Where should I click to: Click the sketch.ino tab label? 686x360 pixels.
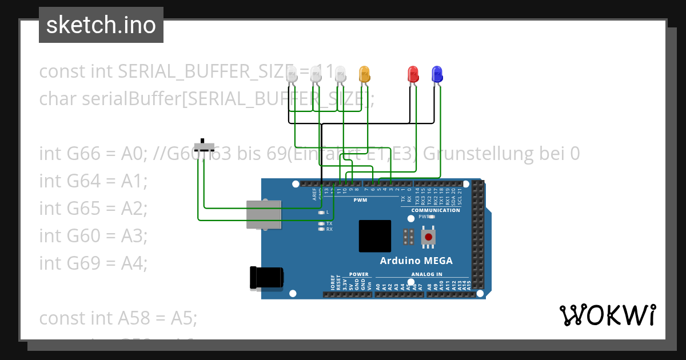pos(101,25)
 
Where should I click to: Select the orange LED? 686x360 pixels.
pos(364,74)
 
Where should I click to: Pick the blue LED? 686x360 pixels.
pos(437,74)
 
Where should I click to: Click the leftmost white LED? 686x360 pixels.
pos(292,74)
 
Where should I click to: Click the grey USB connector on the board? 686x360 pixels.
pos(264,214)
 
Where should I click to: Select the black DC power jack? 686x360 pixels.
pos(267,278)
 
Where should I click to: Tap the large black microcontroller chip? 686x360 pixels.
pos(375,236)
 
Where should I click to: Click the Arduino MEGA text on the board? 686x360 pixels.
pos(416,261)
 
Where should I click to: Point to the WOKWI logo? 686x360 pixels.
pos(607,315)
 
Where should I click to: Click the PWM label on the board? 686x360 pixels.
pos(360,201)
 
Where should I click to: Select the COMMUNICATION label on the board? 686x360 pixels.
pos(436,210)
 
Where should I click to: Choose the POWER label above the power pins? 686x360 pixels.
pos(358,274)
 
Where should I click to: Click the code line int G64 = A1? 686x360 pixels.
pos(93,181)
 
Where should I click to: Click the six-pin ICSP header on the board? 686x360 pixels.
pos(408,237)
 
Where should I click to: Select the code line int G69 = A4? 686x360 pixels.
pos(93,263)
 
